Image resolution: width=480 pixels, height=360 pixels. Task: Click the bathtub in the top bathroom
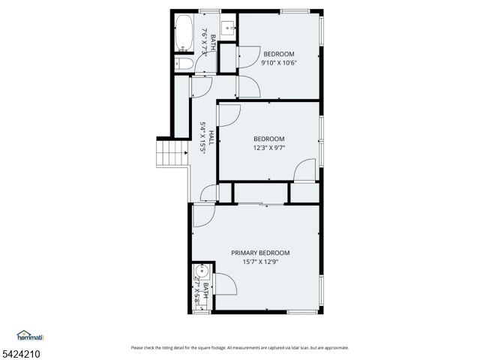click(x=184, y=34)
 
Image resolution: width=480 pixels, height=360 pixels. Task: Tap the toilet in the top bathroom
click(x=182, y=64)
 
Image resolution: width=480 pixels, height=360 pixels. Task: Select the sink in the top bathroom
click(x=230, y=31)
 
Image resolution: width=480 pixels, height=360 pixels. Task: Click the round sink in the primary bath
click(x=199, y=271)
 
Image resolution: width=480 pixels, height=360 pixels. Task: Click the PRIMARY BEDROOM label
click(x=259, y=253)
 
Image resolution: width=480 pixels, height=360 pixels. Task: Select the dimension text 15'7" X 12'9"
click(x=259, y=262)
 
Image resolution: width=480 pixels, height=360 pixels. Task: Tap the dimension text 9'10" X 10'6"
click(x=278, y=63)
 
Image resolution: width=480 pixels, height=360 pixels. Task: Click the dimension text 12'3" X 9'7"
click(x=268, y=148)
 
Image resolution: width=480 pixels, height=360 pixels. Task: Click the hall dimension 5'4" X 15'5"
click(x=202, y=138)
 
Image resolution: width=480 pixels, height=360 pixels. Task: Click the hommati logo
click(x=31, y=335)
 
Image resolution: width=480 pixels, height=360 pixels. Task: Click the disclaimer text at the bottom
click(x=239, y=347)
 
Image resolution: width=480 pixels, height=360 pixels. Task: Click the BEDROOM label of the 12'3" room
click(x=268, y=139)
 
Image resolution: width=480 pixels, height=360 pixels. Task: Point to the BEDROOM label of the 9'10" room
click(x=278, y=54)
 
